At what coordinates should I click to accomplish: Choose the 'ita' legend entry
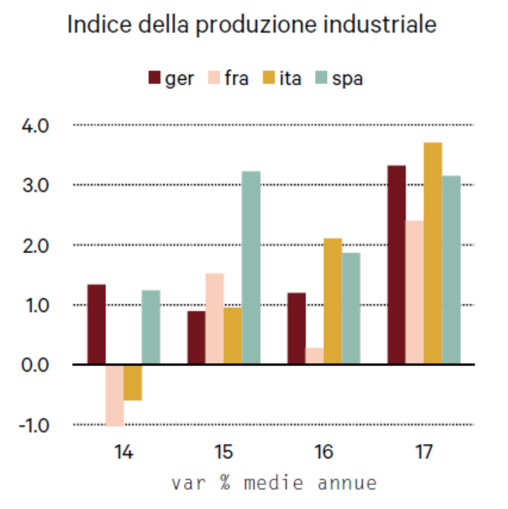coord(282,79)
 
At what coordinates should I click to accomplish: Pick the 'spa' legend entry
coord(339,79)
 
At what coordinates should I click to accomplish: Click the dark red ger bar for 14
coord(96,324)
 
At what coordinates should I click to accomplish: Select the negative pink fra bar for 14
coord(114,395)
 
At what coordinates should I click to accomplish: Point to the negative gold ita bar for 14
coord(132,383)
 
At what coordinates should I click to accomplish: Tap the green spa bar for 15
coord(251,268)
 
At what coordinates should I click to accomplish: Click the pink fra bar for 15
coord(214,319)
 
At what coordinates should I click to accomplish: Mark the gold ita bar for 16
coord(332,301)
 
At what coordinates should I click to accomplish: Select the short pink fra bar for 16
coord(314,356)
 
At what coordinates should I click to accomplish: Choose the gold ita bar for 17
coord(433,253)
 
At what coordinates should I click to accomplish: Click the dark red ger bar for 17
coord(396,265)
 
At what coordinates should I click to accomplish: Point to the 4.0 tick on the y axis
coord(35,126)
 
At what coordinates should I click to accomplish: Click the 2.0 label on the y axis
coord(35,246)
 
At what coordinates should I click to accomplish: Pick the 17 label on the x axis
coord(424,453)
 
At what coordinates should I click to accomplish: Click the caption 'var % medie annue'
coord(274,484)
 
